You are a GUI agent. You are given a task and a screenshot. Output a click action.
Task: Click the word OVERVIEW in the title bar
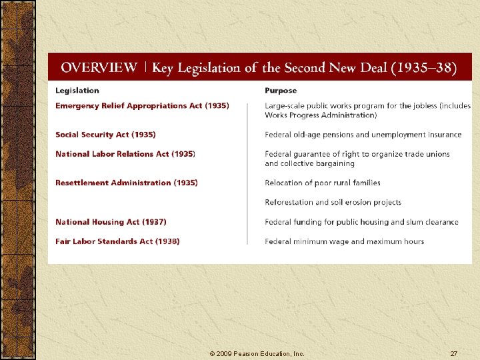[x=99, y=68]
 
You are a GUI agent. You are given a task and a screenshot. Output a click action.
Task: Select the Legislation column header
[x=77, y=91]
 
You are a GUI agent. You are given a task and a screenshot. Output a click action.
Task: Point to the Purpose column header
[x=281, y=91]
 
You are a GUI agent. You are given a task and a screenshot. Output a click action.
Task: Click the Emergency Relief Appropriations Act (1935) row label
[x=142, y=105]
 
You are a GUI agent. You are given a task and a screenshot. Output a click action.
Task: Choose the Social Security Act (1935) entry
[x=105, y=135]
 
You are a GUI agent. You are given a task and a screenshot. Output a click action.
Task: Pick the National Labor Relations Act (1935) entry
[x=125, y=154]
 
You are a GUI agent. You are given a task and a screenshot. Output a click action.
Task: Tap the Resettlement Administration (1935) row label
[x=127, y=183]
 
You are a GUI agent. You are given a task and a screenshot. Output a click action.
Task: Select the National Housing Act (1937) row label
[x=111, y=222]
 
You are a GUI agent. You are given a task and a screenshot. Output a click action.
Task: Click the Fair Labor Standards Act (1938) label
[x=117, y=241]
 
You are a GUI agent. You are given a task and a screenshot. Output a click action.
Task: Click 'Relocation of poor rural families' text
[x=323, y=183]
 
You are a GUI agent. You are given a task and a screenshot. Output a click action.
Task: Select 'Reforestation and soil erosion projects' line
[x=333, y=203]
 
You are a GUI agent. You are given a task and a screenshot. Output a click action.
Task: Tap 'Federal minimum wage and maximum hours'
[x=344, y=241]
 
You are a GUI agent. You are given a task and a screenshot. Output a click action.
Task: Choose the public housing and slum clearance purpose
[x=361, y=222]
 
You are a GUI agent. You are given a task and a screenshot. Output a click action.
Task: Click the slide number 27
[x=453, y=353]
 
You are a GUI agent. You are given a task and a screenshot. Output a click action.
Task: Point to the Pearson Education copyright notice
[x=257, y=353]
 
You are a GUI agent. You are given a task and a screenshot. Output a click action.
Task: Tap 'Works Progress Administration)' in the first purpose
[x=321, y=115]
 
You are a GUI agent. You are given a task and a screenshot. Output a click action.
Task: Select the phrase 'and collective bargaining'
[x=309, y=163]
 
